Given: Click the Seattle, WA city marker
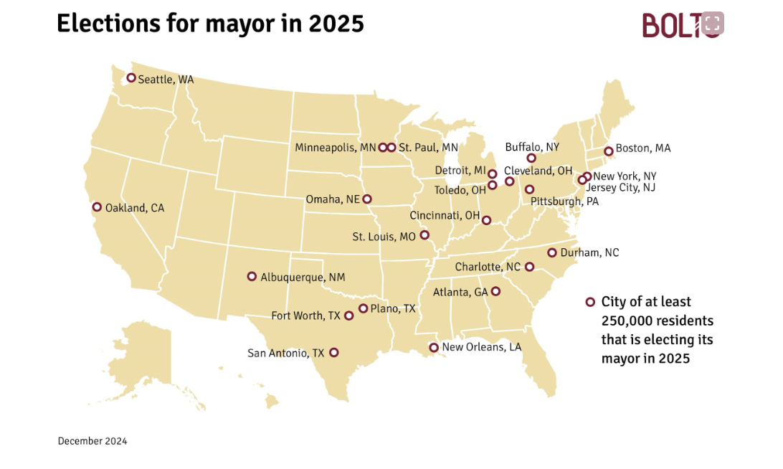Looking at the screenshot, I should pyautogui.click(x=131, y=78).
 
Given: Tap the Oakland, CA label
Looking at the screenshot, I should pyautogui.click(x=134, y=208).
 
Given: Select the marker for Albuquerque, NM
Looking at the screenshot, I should pyautogui.click(x=252, y=276).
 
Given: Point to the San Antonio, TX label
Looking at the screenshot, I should pyautogui.click(x=285, y=353).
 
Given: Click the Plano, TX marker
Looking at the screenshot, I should pyautogui.click(x=363, y=308).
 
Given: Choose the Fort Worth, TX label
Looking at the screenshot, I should pyautogui.click(x=305, y=316).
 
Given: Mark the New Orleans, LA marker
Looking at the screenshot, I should pyautogui.click(x=433, y=348).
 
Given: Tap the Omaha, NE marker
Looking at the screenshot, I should pyautogui.click(x=367, y=199).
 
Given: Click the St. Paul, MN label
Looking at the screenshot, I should pyautogui.click(x=428, y=148).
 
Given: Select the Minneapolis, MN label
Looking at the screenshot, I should pyautogui.click(x=335, y=148).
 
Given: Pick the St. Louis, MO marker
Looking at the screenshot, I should pyautogui.click(x=424, y=234).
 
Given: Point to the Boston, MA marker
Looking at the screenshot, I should pyautogui.click(x=608, y=151).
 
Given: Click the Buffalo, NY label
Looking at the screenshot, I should pyautogui.click(x=532, y=147).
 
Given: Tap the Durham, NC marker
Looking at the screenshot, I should pyautogui.click(x=552, y=252).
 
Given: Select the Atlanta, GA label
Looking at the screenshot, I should pyautogui.click(x=460, y=292).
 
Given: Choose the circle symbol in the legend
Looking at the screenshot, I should pyautogui.click(x=590, y=302).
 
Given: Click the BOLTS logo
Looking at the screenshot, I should pyautogui.click(x=682, y=25).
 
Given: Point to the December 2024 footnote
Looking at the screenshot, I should pyautogui.click(x=92, y=441).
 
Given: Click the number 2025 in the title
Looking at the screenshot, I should pyautogui.click(x=336, y=24).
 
